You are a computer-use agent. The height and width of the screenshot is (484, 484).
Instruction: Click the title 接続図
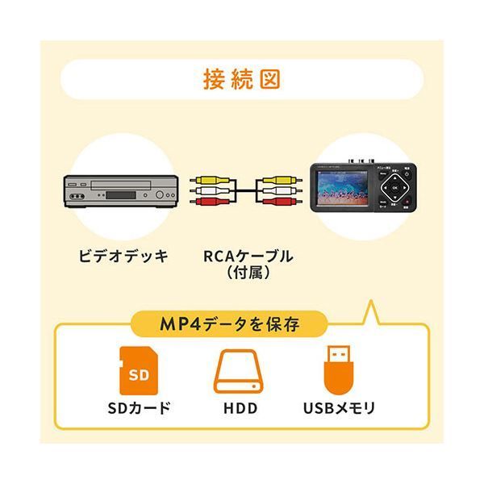[x=241, y=81]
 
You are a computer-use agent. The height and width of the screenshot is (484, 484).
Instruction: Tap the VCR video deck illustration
[x=120, y=191]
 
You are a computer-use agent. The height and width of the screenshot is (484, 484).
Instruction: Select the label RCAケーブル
[x=242, y=257]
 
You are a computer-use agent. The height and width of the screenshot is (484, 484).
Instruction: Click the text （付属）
[x=242, y=274]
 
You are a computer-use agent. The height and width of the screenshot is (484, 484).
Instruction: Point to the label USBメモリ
[x=339, y=408]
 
